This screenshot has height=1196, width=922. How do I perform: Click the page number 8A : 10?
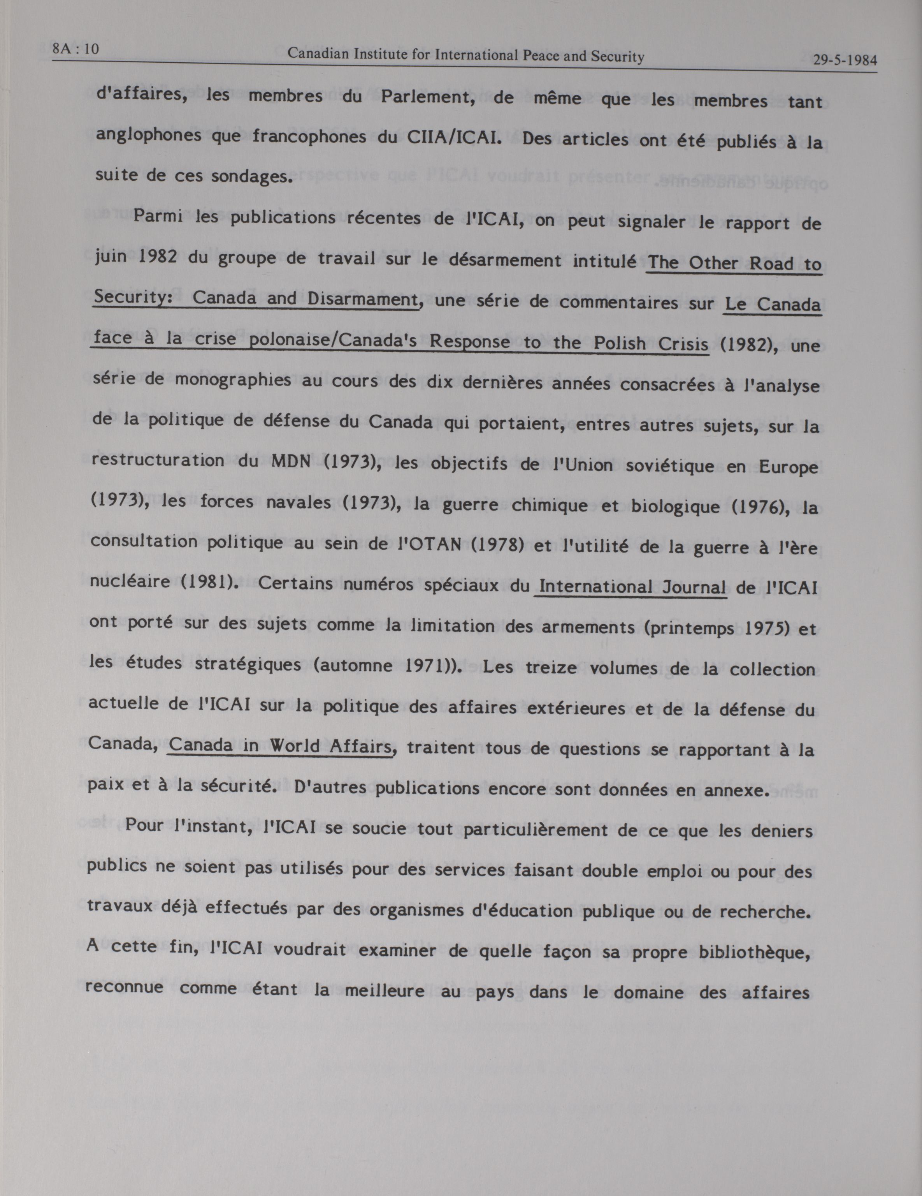pyautogui.click(x=76, y=49)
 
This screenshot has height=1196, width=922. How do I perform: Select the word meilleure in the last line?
pyautogui.click(x=385, y=992)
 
